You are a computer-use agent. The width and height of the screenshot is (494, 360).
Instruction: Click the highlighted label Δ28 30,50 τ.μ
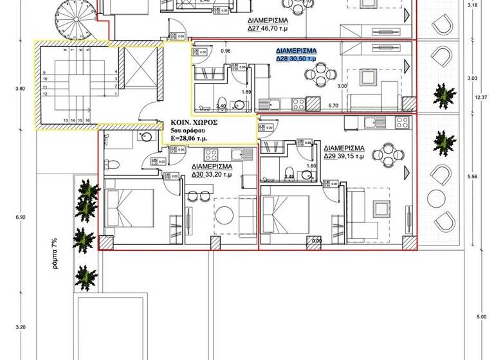click(297, 58)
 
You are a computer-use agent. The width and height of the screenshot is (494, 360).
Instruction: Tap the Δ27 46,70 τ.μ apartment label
click(268, 29)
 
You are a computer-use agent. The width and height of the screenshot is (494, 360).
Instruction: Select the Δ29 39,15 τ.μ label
click(344, 156)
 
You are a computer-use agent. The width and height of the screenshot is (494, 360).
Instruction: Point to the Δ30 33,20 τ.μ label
click(212, 172)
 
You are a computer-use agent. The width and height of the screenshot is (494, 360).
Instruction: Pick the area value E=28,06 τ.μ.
click(195, 137)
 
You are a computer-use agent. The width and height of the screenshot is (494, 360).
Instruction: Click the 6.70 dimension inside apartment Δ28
click(333, 105)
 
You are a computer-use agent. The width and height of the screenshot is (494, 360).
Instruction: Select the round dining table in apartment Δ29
click(388, 153)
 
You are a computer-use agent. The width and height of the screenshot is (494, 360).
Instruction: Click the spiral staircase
click(73, 14)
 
